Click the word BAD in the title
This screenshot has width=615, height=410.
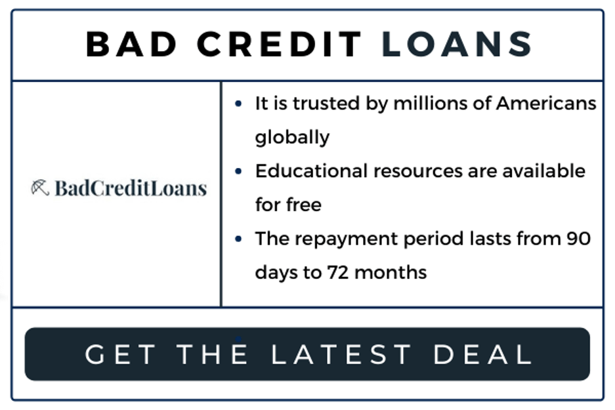click(132, 45)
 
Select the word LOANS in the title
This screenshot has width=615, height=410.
click(457, 45)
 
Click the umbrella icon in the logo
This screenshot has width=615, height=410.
click(40, 188)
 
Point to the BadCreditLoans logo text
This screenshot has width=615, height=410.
click(131, 189)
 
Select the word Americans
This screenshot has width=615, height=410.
click(546, 104)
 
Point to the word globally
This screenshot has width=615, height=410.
click(292, 138)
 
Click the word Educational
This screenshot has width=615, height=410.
click(311, 171)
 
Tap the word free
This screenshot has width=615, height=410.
click(304, 205)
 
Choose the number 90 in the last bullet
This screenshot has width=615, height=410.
click(578, 238)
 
